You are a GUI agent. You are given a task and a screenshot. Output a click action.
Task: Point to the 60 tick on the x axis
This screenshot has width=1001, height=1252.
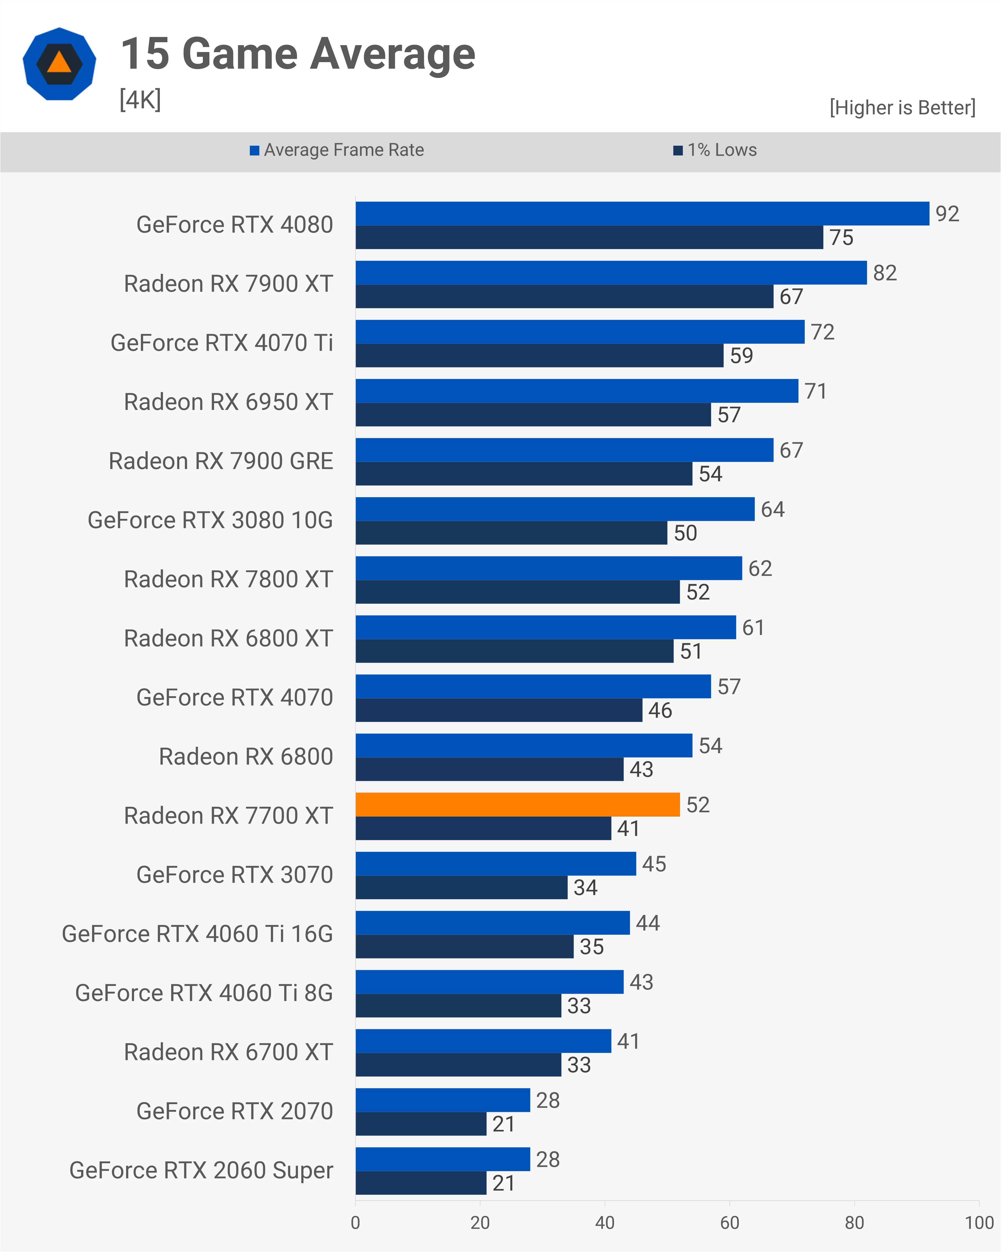[729, 1222]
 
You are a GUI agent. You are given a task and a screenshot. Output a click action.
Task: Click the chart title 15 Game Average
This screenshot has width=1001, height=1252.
[298, 54]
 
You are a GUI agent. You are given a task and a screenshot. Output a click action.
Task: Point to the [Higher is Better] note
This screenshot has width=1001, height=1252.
[902, 107]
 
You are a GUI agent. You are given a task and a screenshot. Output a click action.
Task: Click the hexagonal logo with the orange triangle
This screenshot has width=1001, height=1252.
[59, 64]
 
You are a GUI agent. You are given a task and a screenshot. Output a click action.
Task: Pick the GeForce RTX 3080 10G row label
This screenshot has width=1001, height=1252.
[210, 520]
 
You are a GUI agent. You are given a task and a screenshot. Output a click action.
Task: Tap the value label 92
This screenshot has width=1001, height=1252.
[947, 214]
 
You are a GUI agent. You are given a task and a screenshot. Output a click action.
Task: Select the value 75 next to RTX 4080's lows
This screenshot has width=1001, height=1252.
[841, 237]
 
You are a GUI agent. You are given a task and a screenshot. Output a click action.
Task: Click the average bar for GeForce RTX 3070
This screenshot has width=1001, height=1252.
[496, 864]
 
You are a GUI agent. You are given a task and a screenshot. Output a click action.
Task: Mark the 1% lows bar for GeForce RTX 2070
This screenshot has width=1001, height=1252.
[421, 1124]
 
